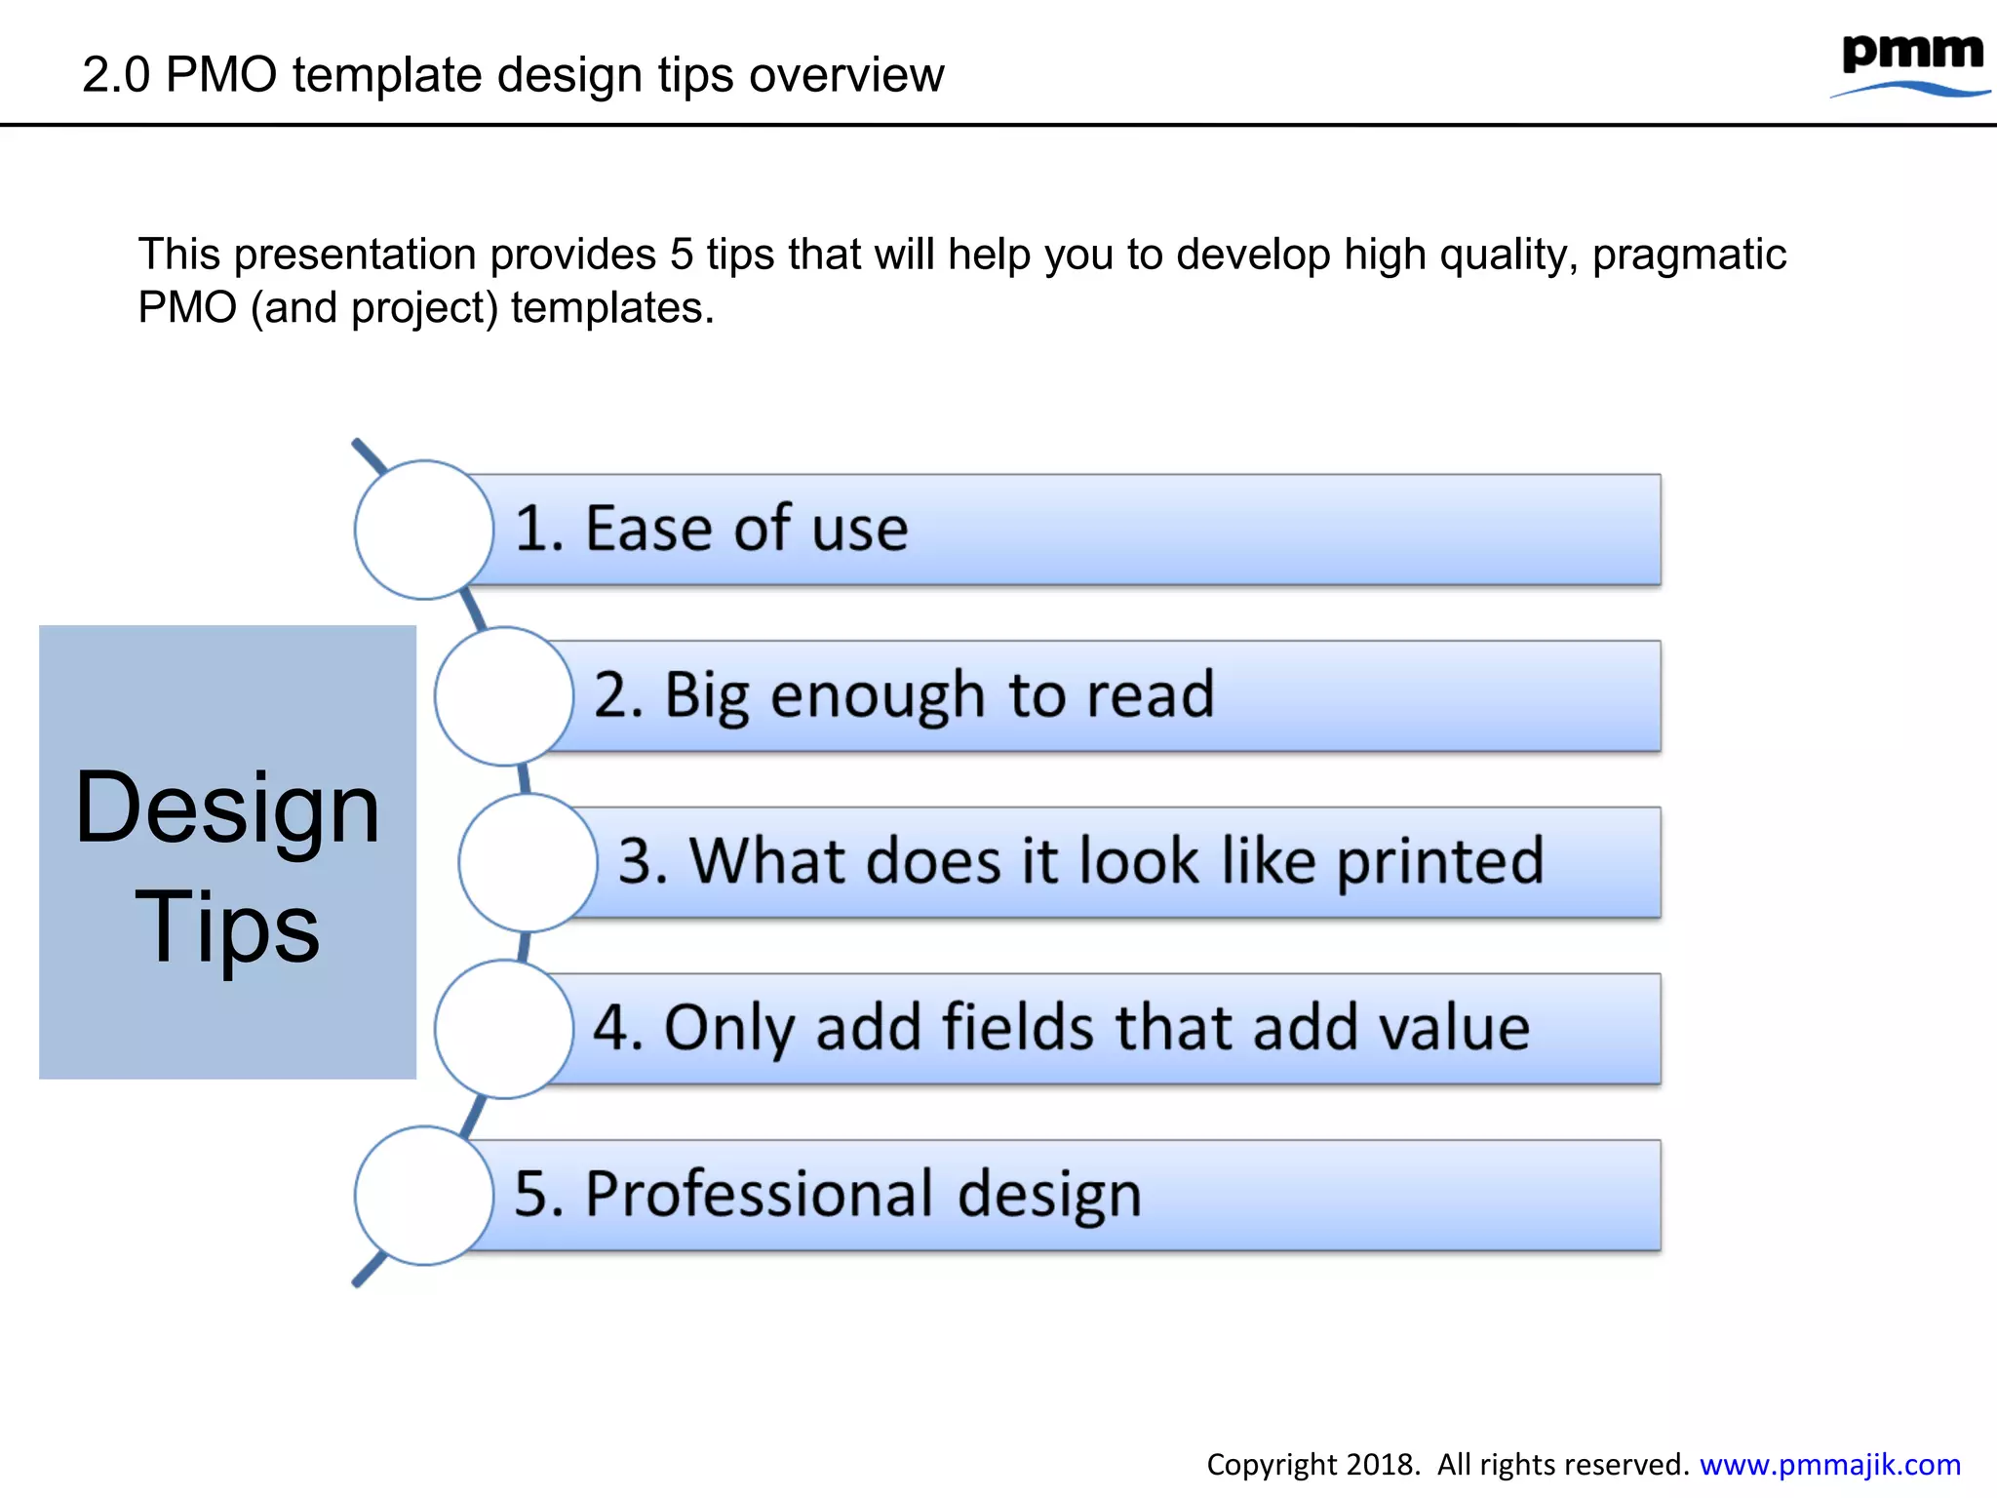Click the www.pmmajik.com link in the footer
[x=1829, y=1464]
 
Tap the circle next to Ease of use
[x=424, y=530]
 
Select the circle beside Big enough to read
[x=503, y=696]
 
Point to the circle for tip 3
[x=528, y=862]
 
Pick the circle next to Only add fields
[x=503, y=1029]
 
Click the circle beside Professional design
[x=424, y=1196]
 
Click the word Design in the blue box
[x=227, y=808]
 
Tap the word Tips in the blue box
[x=227, y=926]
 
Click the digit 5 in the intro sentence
[x=681, y=255]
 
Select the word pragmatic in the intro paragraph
[x=1689, y=255]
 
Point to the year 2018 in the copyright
[x=1380, y=1464]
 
